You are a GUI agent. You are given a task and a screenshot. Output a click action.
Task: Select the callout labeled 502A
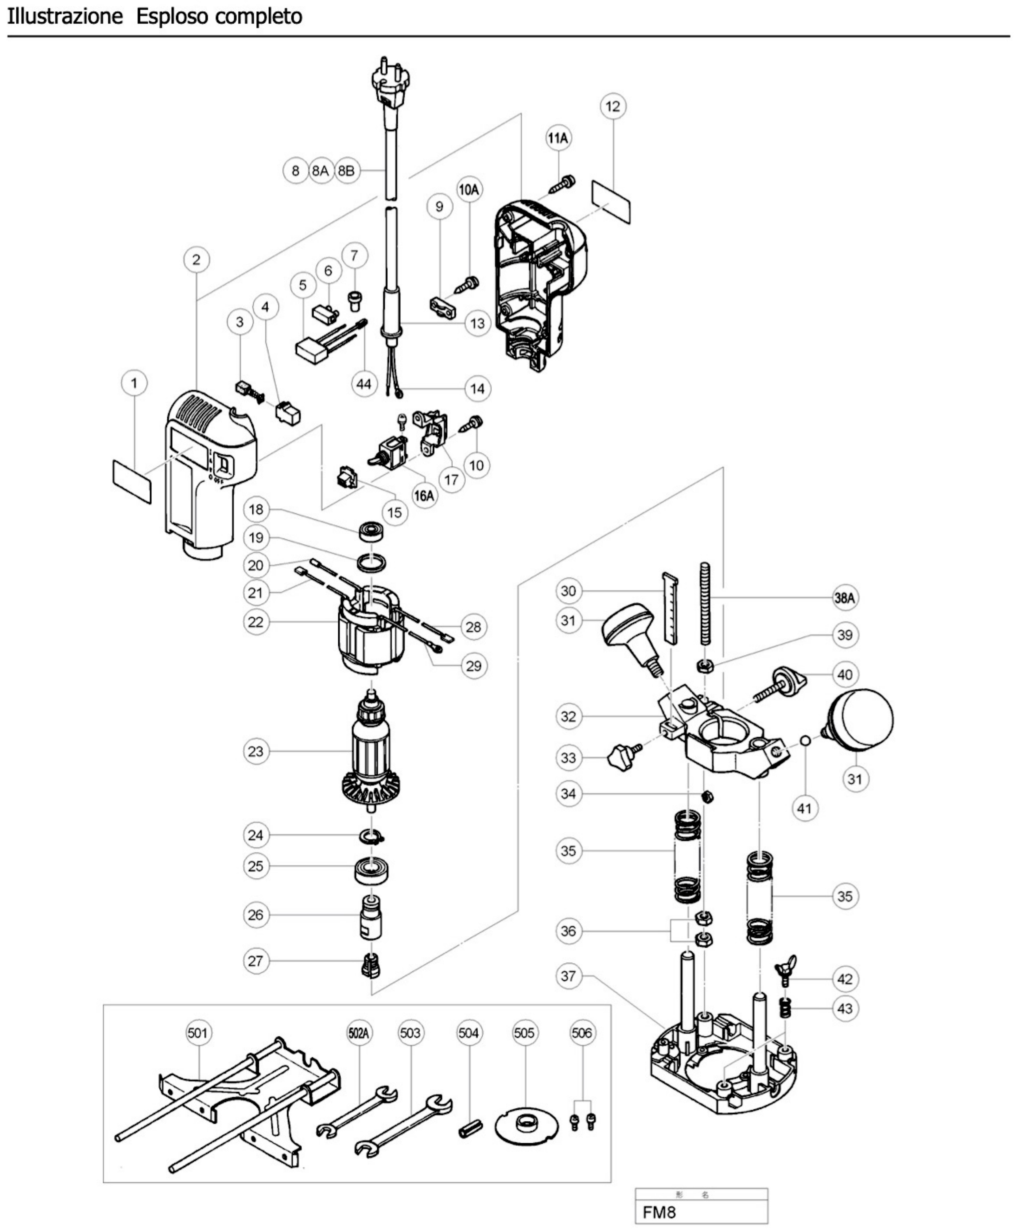[x=358, y=1033]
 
